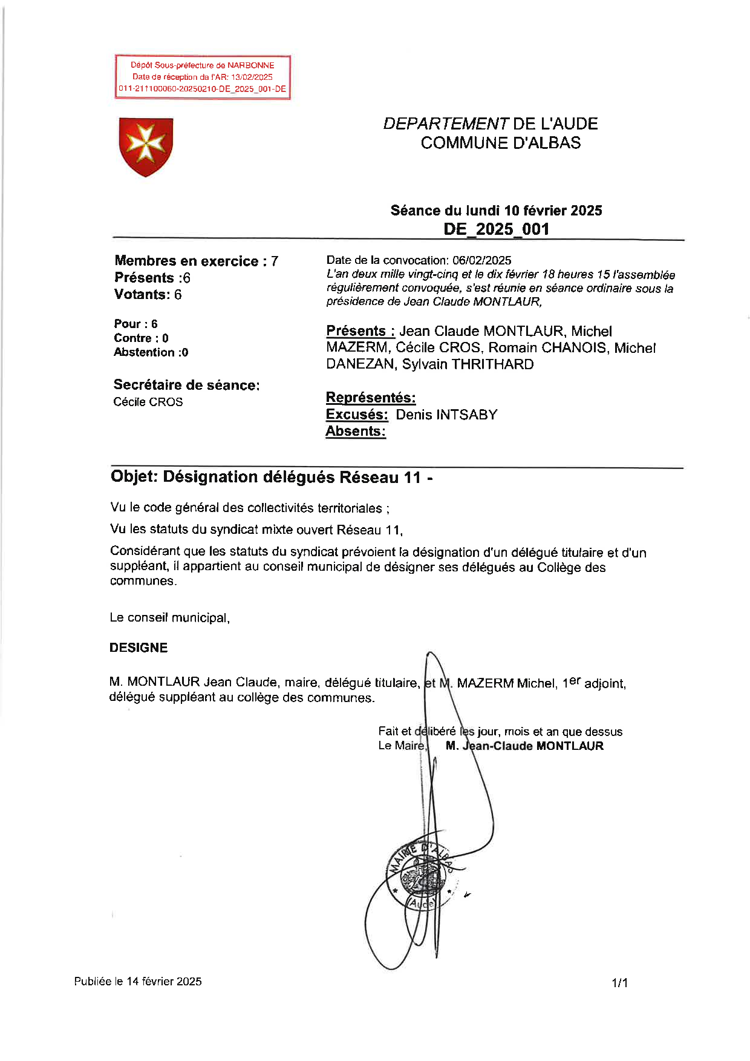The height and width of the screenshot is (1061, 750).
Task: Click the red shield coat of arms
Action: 146,146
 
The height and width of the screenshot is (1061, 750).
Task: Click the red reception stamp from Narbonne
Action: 203,77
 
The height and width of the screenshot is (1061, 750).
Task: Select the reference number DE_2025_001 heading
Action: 496,229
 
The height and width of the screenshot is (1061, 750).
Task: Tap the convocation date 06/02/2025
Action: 481,260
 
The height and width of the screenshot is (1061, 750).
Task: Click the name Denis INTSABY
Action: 446,415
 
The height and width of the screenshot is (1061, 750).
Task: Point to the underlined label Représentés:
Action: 370,398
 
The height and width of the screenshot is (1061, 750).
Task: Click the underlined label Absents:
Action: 355,431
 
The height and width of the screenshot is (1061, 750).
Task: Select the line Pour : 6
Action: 135,324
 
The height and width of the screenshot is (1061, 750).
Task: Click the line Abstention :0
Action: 151,352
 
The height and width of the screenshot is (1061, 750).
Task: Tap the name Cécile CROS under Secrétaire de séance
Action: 148,402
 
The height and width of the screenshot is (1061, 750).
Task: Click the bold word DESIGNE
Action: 139,648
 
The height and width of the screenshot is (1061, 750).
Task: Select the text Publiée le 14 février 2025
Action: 138,981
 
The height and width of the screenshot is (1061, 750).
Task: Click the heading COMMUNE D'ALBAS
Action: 500,143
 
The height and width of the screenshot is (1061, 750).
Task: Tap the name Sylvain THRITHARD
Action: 468,364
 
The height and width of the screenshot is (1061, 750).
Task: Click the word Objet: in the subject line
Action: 134,477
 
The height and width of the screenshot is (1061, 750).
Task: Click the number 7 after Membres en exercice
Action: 275,261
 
